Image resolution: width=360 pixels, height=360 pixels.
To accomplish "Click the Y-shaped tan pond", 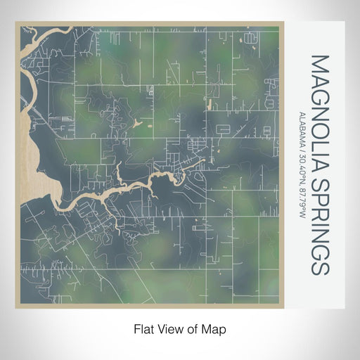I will pyautogui.click(x=138, y=124).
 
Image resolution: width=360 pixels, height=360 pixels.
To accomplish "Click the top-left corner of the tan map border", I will pyautogui.click(x=16, y=22).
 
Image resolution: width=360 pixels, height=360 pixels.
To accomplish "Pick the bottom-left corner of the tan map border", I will pyautogui.click(x=16, y=307).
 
